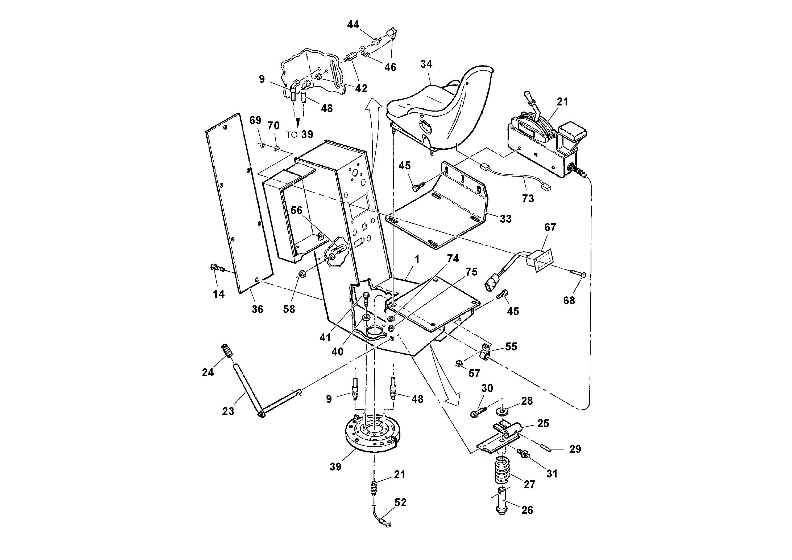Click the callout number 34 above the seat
tap(426, 64)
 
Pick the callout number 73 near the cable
tap(528, 199)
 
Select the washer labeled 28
tap(502, 412)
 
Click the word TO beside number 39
tap(292, 135)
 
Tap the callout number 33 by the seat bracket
tap(505, 219)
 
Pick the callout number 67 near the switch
tap(550, 227)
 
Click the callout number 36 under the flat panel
tap(257, 309)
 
